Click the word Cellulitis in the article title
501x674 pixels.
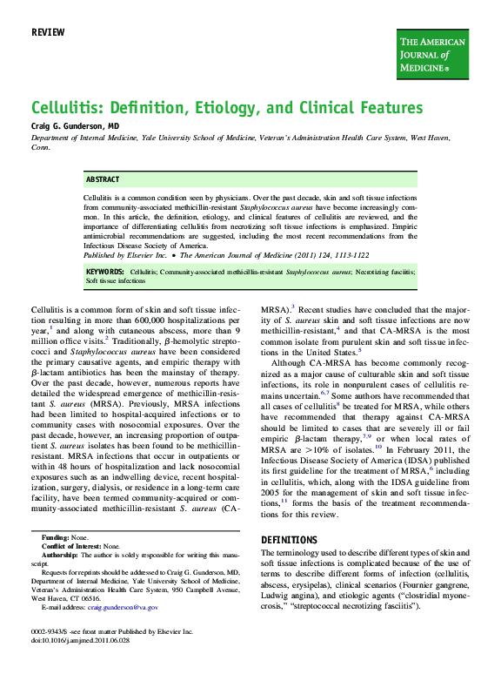(x=68, y=108)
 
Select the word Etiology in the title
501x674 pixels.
(x=247, y=108)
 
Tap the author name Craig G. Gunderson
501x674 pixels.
(x=69, y=126)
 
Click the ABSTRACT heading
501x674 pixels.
(x=103, y=179)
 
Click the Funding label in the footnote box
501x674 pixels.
(x=55, y=537)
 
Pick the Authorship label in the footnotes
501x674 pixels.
(x=60, y=554)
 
